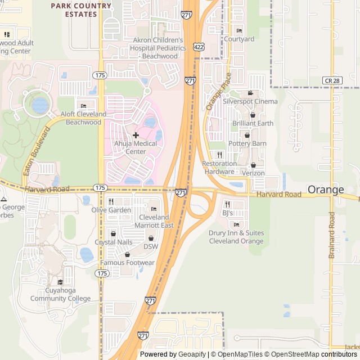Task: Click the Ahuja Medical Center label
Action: pyautogui.click(x=136, y=147)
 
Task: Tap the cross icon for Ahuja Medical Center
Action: pyautogui.click(x=136, y=135)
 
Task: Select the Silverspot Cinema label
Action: pyautogui.click(x=250, y=101)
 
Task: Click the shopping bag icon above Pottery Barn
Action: pyautogui.click(x=246, y=135)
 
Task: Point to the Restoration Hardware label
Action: pyautogui.click(x=219, y=168)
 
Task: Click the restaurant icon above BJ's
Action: pyautogui.click(x=227, y=204)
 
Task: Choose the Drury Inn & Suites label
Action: pyautogui.click(x=236, y=237)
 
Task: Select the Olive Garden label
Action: pyautogui.click(x=111, y=210)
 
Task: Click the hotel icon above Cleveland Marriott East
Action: pyautogui.click(x=154, y=209)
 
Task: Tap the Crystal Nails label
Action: pyautogui.click(x=113, y=242)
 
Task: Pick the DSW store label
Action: pyautogui.click(x=151, y=246)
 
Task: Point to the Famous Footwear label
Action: pyautogui.click(x=127, y=263)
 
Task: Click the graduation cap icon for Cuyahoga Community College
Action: pyautogui.click(x=60, y=282)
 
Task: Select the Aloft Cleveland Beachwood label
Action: pyautogui.click(x=83, y=118)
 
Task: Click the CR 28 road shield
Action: pyautogui.click(x=332, y=81)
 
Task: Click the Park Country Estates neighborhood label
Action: pyautogui.click(x=80, y=10)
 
